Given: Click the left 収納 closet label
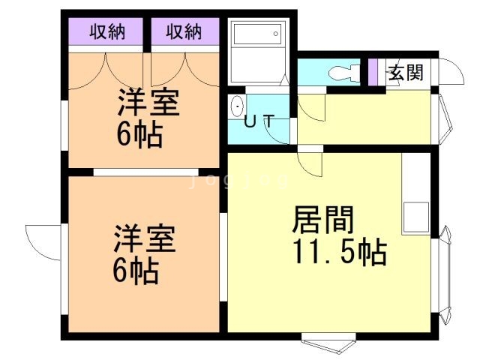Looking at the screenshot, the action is point(107,31).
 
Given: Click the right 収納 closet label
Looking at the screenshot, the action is point(184,31).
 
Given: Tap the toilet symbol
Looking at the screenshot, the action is point(344,73).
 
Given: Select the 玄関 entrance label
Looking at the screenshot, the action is point(406,73).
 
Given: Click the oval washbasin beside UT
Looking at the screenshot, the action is point(237,106).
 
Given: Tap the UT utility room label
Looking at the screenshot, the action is point(259,121).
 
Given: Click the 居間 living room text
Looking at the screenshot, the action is point(323,220).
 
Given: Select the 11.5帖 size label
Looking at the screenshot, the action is point(340,252).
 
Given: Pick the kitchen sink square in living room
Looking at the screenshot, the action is point(416,217).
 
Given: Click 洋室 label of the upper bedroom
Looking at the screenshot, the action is point(148,102).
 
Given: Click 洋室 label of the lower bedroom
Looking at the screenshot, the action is point(145,238).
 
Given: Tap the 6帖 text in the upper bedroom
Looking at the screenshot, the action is point(139,134).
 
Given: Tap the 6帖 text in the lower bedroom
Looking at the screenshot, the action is point(136,271).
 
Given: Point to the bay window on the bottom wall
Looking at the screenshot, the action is point(328,343).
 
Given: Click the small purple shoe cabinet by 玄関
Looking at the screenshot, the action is point(372,72).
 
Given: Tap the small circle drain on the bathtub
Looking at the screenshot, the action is point(276,34).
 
